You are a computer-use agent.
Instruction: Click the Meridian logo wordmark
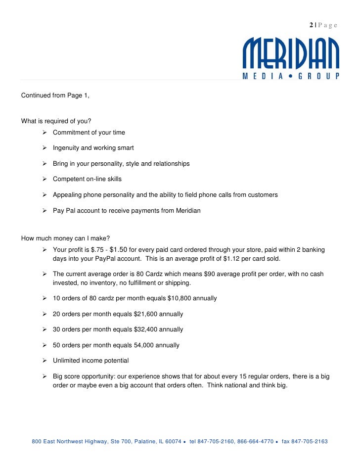click(291, 53)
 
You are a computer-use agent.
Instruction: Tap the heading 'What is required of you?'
click(56, 121)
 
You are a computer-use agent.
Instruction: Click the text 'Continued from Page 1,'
click(55, 95)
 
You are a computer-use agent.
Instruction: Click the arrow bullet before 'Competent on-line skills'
click(45, 179)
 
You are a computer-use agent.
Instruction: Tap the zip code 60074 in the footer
click(173, 441)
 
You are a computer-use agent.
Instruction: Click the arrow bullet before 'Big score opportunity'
click(45, 376)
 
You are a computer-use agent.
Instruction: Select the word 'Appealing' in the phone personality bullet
click(67, 195)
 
